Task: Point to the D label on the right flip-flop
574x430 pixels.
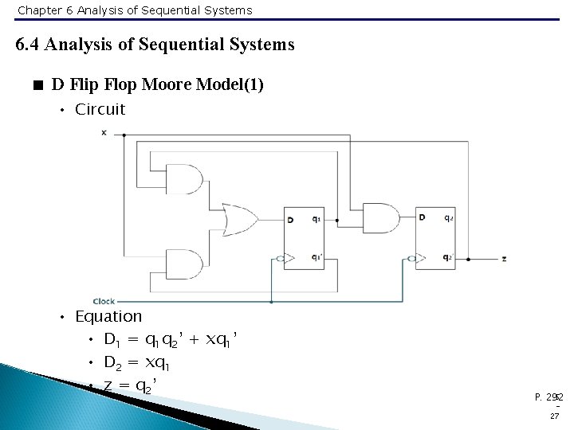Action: [421, 217]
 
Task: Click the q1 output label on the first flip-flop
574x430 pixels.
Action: [316, 220]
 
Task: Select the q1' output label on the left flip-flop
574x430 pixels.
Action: [316, 258]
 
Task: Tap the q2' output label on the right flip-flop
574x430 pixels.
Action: [449, 258]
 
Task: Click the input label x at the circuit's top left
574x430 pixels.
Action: [104, 132]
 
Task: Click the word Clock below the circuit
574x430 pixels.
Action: [104, 301]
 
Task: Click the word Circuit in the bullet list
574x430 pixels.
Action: [100, 110]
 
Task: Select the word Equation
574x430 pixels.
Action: [108, 317]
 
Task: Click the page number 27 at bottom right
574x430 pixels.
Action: [553, 415]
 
